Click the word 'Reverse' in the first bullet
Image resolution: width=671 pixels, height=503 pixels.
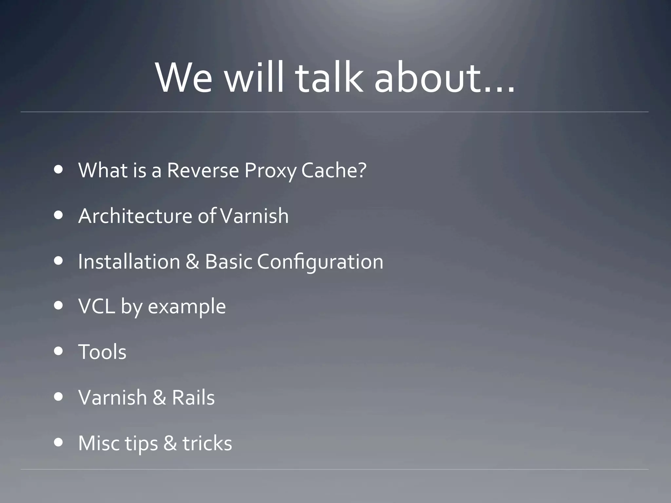[x=203, y=171]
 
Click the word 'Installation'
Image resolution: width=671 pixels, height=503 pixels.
[x=129, y=262]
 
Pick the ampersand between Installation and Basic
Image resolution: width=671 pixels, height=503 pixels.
[x=192, y=262]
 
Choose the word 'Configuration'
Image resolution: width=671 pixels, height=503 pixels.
[x=320, y=262]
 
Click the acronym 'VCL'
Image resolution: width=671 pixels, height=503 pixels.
[x=97, y=307]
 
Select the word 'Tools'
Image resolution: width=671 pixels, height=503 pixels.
[x=102, y=352]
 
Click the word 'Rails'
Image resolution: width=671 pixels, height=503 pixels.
[x=193, y=398]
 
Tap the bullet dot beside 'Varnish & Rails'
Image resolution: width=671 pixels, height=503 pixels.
[x=59, y=397]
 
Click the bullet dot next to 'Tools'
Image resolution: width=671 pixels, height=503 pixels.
[x=59, y=351]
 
